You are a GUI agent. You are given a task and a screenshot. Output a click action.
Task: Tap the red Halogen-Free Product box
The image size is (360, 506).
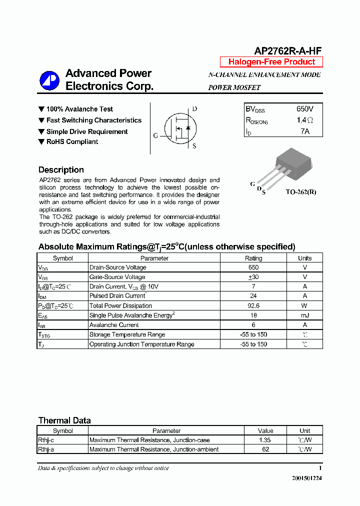tap(271, 62)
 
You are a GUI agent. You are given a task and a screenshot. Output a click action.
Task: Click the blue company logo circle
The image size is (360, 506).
tap(50, 80)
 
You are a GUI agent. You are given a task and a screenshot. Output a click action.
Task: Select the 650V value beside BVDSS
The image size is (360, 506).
tap(304, 108)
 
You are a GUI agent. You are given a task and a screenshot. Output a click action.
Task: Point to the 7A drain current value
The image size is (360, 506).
tap(304, 131)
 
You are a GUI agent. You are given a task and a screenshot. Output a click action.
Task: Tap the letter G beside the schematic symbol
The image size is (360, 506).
tap(155, 135)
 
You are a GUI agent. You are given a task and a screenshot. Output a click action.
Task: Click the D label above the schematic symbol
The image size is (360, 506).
tap(194, 109)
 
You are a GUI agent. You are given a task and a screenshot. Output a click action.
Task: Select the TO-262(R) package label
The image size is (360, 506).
tap(300, 191)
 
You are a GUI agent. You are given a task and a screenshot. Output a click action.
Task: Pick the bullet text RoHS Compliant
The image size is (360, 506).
tap(72, 142)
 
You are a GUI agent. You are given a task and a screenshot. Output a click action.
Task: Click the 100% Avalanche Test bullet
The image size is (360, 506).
tap(79, 109)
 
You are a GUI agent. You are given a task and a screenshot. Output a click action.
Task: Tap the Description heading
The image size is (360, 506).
tap(61, 169)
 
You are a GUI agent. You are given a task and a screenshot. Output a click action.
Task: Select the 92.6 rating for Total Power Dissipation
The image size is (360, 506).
tap(253, 305)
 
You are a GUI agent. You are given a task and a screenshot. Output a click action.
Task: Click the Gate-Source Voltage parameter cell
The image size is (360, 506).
tap(117, 277)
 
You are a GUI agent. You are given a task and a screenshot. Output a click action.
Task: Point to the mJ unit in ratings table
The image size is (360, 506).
tap(304, 315)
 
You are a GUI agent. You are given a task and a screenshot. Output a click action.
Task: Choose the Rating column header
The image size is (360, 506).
tap(253, 258)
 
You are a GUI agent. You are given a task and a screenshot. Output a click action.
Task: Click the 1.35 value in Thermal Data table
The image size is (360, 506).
tap(265, 440)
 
